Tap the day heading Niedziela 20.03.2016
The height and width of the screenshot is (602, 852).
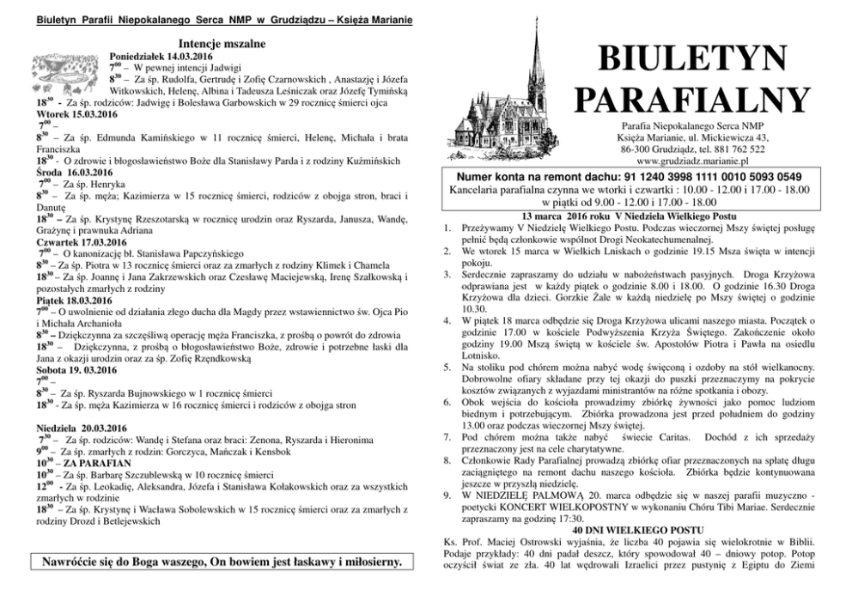click(59, 428)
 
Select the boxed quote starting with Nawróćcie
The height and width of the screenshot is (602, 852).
click(216, 562)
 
